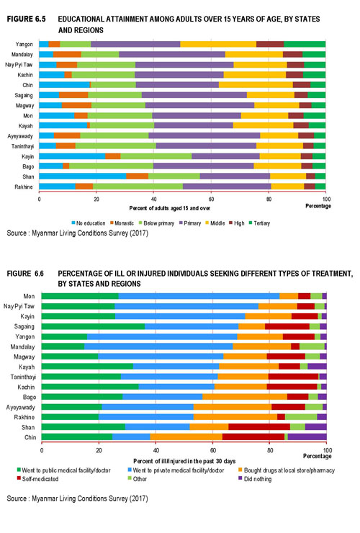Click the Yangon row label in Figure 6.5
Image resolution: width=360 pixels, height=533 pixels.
24,44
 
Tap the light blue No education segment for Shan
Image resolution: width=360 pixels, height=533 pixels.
83,176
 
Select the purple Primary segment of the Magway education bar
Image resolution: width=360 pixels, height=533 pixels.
199,105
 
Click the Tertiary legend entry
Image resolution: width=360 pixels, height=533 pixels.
259,223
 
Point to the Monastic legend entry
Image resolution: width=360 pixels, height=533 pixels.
122,223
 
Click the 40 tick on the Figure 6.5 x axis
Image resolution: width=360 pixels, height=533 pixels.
153,200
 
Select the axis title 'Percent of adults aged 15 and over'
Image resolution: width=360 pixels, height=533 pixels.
170,208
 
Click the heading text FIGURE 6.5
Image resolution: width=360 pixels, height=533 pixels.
26,19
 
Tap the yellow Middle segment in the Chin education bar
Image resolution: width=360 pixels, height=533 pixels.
256,85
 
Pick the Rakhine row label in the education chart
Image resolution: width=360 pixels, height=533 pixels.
24,187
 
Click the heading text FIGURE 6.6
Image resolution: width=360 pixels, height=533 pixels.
25,274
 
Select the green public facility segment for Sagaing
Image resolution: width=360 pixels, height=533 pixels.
93,326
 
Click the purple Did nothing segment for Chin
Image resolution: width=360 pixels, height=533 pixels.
307,436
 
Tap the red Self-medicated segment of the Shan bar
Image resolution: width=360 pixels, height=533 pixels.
259,427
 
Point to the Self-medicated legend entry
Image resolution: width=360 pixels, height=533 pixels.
37,479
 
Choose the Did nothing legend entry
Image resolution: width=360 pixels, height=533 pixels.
255,479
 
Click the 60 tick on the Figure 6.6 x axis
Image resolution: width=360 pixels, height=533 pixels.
213,451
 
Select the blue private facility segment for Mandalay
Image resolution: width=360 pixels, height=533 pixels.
158,346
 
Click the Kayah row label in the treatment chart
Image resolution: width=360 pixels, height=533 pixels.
27,367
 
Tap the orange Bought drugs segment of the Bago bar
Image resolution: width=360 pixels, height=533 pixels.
245,397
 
